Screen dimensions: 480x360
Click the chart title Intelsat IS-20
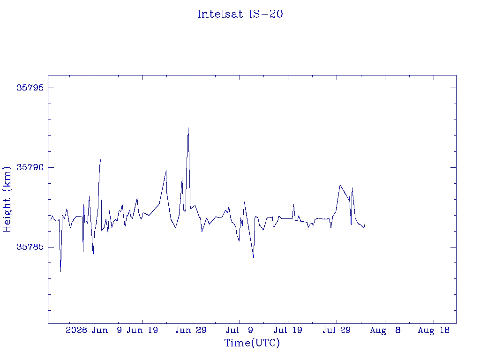pyautogui.click(x=240, y=14)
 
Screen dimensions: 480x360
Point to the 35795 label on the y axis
pyautogui.click(x=30, y=88)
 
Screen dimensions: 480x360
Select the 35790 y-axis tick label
pyautogui.click(x=30, y=167)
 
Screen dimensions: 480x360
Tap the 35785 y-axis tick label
pyautogui.click(x=30, y=247)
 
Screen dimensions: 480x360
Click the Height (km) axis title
pyautogui.click(x=7, y=199)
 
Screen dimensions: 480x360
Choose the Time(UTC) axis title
pyautogui.click(x=252, y=343)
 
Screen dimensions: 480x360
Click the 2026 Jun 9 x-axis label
pyautogui.click(x=94, y=330)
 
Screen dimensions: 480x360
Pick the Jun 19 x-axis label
pyautogui.click(x=142, y=330)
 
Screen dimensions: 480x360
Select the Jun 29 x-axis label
pyautogui.click(x=191, y=330)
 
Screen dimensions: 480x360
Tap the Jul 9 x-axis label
pyautogui.click(x=240, y=330)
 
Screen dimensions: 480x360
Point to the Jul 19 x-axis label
pyautogui.click(x=288, y=330)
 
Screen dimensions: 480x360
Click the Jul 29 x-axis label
pyautogui.click(x=337, y=330)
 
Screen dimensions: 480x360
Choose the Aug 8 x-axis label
pyautogui.click(x=385, y=330)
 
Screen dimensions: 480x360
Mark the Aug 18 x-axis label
pyautogui.click(x=434, y=330)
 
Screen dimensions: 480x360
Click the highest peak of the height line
pyautogui.click(x=188, y=128)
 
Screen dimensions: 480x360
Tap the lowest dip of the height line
pyautogui.click(x=60, y=271)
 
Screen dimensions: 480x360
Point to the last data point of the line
pyautogui.click(x=365, y=224)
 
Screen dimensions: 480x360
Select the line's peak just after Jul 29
pyautogui.click(x=340, y=185)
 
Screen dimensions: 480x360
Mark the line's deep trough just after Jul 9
pyautogui.click(x=254, y=257)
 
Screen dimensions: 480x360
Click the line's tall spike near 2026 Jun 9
pyautogui.click(x=101, y=159)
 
